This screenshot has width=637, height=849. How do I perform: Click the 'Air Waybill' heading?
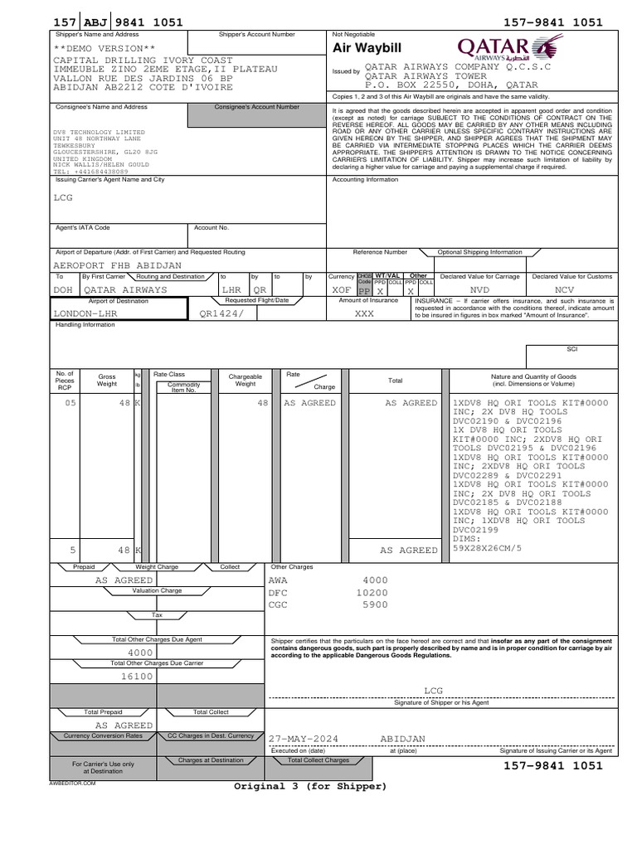[367, 49]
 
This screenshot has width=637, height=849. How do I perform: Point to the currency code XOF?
[342, 290]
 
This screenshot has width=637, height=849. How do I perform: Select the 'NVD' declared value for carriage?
[480, 290]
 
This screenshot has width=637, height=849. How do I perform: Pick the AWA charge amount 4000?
[376, 580]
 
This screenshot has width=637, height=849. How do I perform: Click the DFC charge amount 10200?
[372, 593]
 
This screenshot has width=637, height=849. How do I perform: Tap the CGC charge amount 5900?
[376, 605]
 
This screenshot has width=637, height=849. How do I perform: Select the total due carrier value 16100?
[138, 677]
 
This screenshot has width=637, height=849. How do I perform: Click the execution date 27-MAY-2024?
[304, 738]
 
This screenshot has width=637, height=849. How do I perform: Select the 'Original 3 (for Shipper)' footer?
[310, 786]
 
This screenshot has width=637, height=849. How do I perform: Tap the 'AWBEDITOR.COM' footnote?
[73, 783]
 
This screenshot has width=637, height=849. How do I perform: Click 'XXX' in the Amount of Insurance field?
[365, 315]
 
